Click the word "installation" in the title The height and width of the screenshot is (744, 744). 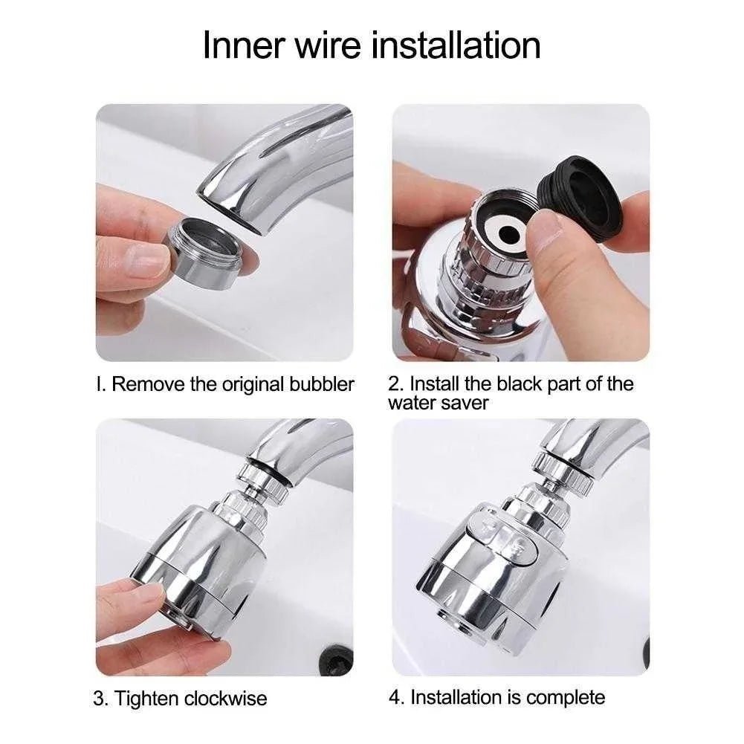click(x=455, y=45)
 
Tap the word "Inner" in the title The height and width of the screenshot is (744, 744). click(x=244, y=45)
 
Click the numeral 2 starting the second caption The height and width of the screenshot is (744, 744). click(x=394, y=384)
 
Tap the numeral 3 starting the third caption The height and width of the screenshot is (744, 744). click(x=99, y=699)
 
